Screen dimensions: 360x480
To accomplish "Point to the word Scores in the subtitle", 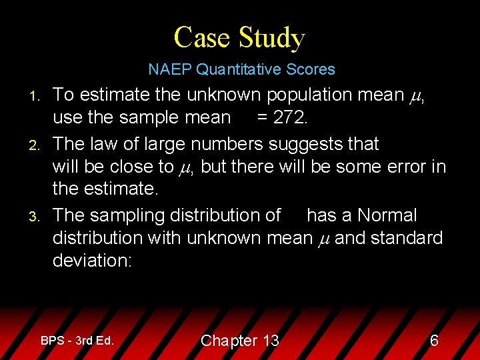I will [x=313, y=69].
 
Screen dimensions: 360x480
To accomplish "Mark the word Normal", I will [x=387, y=215].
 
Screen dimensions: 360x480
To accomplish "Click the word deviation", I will [x=92, y=261].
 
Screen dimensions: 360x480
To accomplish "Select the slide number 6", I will [x=434, y=341].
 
